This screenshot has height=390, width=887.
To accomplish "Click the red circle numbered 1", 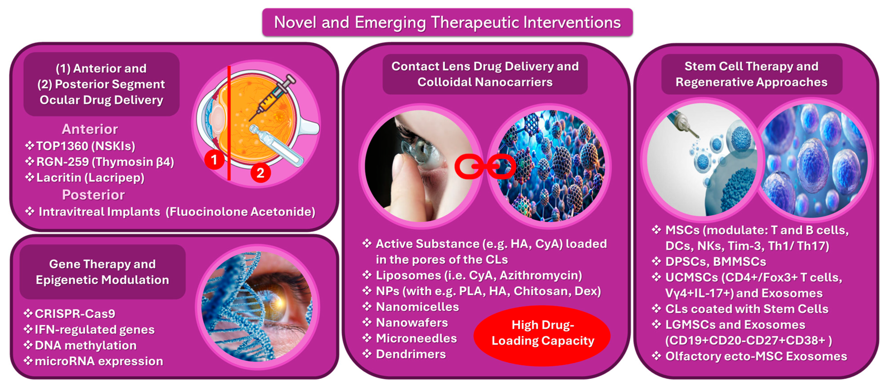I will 214,160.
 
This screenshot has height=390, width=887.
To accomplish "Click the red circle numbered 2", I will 260,173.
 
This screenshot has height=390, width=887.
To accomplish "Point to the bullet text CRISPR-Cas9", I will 75,314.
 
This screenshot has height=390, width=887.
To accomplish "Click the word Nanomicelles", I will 417,307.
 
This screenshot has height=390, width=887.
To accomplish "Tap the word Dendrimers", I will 411,354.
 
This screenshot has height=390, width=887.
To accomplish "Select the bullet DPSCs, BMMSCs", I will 716,262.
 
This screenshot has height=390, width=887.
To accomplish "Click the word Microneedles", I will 416,338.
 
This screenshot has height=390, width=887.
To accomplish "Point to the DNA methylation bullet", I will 85,345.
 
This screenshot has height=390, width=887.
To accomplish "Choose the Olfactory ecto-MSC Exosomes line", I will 756,356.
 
